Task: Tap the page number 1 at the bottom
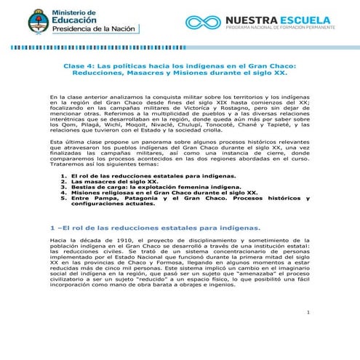coord(308,313)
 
